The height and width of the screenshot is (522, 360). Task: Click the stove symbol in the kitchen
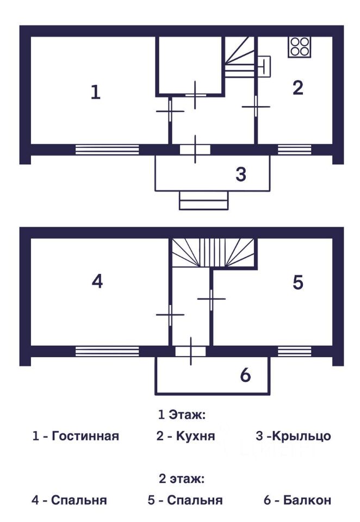299,47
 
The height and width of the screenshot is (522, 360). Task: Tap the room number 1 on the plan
96,92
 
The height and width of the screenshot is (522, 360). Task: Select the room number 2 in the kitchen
297,88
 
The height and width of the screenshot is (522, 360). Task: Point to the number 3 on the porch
241,175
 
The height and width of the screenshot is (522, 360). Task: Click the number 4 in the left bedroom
97,282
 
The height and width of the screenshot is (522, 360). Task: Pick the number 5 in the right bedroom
297,283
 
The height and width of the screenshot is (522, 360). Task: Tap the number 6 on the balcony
245,375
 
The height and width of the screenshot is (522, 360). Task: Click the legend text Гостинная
85,436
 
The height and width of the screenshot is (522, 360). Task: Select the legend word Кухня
195,436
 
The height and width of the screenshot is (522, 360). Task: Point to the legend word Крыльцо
301,436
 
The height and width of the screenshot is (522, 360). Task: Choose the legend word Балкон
307,500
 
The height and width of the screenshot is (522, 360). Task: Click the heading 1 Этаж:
181,415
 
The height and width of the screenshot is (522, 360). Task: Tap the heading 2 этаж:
181,479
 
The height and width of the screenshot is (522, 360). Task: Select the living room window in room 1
107,150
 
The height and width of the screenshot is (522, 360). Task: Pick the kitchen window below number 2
294,150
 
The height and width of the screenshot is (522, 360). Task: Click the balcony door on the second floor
190,351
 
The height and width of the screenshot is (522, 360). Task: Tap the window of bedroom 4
107,351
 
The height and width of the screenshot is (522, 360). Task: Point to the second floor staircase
214,252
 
